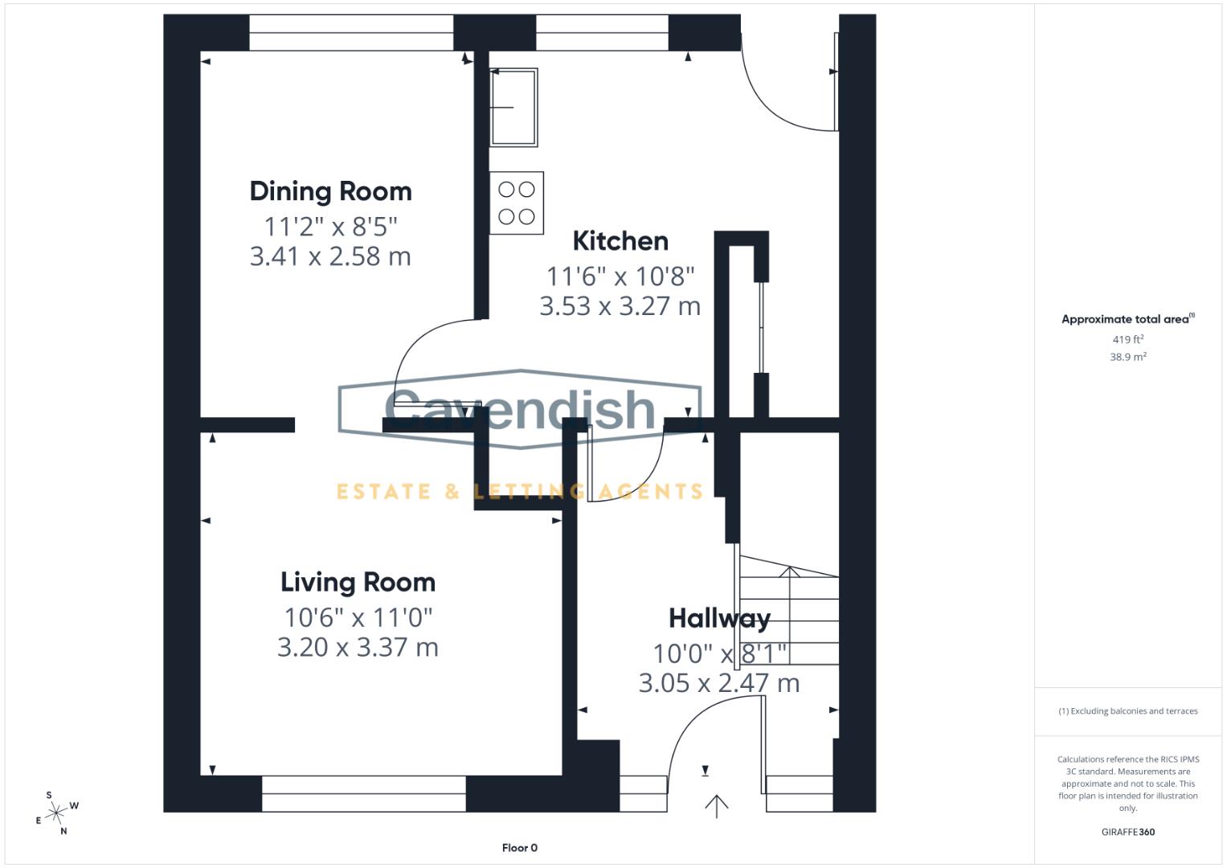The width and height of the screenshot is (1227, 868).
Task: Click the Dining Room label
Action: (330, 191)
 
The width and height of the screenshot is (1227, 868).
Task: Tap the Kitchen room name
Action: (620, 241)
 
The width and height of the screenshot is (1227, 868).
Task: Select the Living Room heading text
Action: (358, 582)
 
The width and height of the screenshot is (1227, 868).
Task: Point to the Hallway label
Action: (719, 618)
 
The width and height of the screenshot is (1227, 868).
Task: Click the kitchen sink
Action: (513, 107)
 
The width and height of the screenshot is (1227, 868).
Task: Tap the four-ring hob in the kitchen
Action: (517, 203)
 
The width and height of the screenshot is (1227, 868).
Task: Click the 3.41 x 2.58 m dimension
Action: (330, 256)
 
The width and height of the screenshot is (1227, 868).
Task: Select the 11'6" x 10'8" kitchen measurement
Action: (620, 276)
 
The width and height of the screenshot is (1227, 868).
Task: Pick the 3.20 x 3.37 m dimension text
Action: (358, 647)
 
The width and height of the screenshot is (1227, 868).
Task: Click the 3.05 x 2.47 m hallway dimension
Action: (719, 683)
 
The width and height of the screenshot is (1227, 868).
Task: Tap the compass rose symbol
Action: (56, 814)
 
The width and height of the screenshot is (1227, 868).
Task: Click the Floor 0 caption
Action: (519, 848)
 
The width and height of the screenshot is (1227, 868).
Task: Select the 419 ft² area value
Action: (1127, 340)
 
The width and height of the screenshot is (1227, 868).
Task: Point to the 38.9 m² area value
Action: (1127, 357)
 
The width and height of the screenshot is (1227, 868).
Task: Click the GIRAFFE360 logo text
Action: (1127, 832)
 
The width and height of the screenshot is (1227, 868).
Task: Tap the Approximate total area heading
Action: (1127, 319)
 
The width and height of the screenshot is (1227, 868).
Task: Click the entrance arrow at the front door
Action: (716, 805)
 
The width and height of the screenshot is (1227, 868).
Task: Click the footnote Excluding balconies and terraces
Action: (1127, 711)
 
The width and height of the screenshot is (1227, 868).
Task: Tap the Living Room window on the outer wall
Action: (363, 793)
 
